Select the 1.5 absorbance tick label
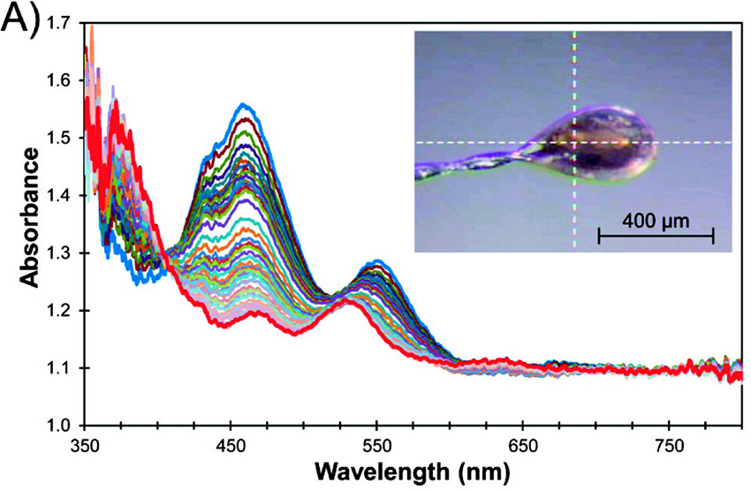coord(61,138)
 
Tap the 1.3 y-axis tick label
coord(61,253)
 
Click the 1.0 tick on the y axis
coord(61,425)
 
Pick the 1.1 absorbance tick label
coord(61,367)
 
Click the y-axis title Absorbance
coord(29,217)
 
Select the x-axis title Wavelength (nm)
coord(413,472)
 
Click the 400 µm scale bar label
coord(656,217)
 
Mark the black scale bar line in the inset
coord(656,236)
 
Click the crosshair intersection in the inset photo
coord(574,142)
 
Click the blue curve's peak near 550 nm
coord(378,261)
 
